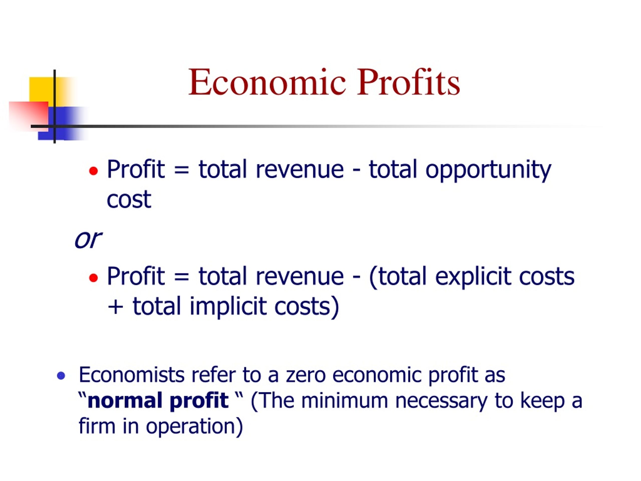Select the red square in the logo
point(28,116)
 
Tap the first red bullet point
point(93,171)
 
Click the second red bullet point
point(93,278)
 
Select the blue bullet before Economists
point(61,376)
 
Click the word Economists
point(131,375)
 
